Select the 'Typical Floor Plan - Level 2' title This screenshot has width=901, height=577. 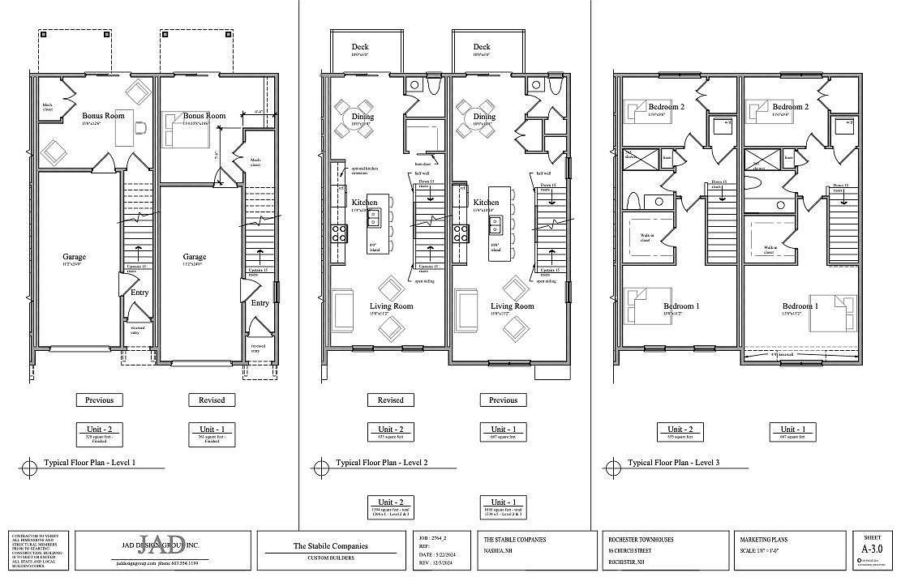coord(377,463)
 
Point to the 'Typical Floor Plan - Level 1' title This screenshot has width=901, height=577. coord(88,463)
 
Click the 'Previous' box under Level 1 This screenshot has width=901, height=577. coord(99,400)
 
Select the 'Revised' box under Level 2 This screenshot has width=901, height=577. coord(390,400)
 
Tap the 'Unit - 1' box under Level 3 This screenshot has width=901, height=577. coord(792,430)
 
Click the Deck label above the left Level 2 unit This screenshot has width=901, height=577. coord(360,47)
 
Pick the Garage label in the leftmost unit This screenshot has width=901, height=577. coord(75,257)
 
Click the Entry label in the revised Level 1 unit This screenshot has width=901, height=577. coord(260,303)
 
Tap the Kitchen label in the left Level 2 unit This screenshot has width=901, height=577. coord(363,202)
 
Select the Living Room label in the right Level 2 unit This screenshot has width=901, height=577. coord(513,306)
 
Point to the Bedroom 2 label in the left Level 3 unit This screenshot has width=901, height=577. coord(667,107)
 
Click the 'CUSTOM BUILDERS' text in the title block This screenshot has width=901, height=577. coord(330,558)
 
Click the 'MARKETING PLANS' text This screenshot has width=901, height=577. coord(764,539)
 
